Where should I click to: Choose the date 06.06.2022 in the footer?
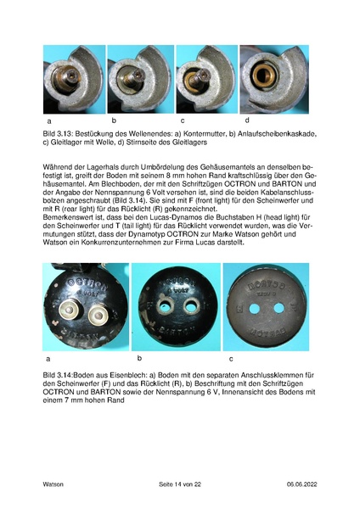297,484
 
